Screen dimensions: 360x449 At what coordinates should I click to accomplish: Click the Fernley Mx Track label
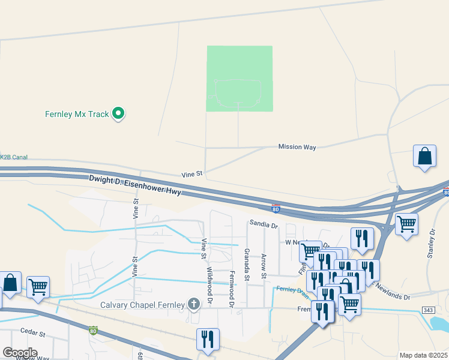77,113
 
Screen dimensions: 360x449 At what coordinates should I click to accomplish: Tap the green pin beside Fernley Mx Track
119,113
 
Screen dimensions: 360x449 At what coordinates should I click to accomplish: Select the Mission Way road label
297,146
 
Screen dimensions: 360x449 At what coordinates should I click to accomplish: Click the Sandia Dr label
264,226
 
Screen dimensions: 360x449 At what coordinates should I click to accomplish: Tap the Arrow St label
264,266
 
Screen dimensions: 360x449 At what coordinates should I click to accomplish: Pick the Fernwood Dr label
231,289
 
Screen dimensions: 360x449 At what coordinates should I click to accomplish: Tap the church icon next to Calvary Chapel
193,304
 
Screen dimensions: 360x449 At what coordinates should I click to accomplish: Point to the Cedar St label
32,333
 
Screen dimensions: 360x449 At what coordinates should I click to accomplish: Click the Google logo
20,352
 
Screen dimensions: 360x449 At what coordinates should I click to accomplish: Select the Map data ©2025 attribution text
423,355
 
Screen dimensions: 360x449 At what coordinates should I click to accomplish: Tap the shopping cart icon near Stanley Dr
407,224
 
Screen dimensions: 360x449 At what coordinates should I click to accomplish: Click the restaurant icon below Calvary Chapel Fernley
208,339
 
